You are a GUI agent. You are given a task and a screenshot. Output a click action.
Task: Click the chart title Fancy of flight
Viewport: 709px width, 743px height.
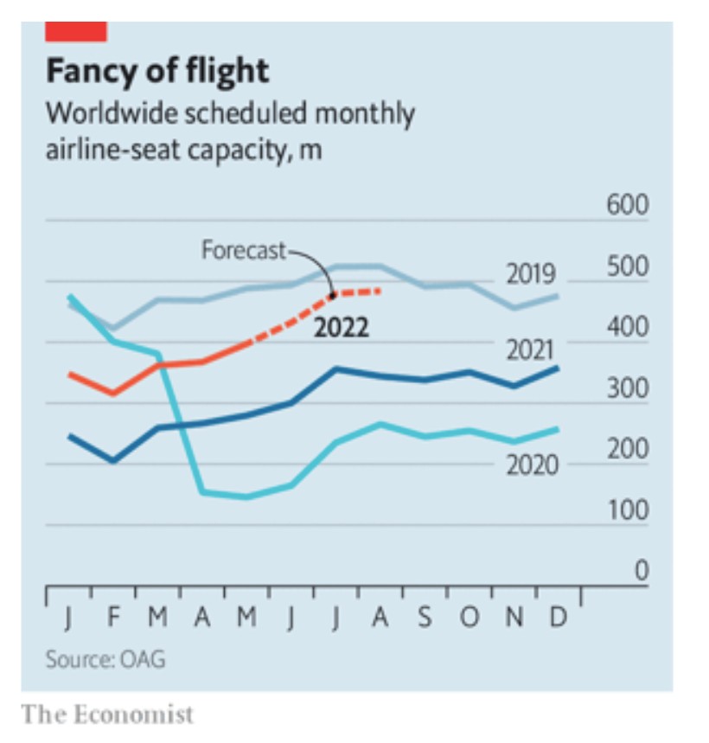pyautogui.click(x=157, y=71)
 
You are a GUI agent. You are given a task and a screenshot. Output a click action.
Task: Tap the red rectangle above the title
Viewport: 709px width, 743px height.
pyautogui.click(x=76, y=32)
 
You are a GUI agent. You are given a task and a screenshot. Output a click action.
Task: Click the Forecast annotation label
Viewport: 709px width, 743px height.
pyautogui.click(x=243, y=251)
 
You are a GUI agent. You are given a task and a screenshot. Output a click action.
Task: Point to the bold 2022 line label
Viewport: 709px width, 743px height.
pyautogui.click(x=341, y=329)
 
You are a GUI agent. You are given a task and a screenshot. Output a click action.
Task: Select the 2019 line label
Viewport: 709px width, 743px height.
pyautogui.click(x=531, y=275)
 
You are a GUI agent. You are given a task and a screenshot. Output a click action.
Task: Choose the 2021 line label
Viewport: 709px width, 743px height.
pyautogui.click(x=531, y=350)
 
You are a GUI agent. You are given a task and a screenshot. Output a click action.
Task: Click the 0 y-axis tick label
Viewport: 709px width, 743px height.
pyautogui.click(x=641, y=571)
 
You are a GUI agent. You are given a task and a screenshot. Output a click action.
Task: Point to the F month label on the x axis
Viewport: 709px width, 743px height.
pyautogui.click(x=112, y=619)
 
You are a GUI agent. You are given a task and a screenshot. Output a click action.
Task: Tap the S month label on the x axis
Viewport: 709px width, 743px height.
pyautogui.click(x=425, y=619)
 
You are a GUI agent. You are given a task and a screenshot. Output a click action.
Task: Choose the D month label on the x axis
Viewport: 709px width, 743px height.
pyautogui.click(x=559, y=619)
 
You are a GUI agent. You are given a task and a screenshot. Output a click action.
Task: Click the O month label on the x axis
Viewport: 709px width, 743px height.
pyautogui.click(x=469, y=619)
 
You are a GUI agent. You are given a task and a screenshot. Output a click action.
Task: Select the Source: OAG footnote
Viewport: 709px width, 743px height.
pyautogui.click(x=105, y=660)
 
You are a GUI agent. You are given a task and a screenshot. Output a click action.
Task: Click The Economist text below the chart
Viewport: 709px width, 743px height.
pyautogui.click(x=107, y=715)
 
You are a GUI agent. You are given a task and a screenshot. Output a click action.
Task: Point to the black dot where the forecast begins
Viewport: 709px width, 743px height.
pyautogui.click(x=333, y=295)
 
